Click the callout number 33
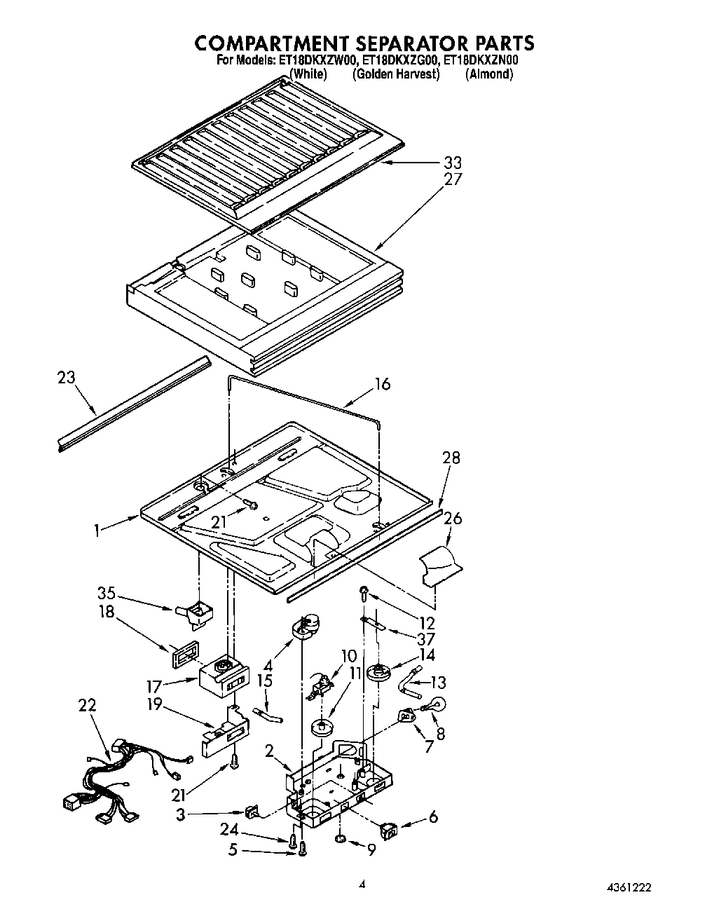[452, 163]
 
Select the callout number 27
[453, 179]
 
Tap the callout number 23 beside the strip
[66, 378]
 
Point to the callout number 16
[382, 384]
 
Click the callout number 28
[451, 458]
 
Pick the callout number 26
[453, 519]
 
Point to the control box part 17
[223, 676]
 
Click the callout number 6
[434, 817]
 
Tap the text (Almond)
[489, 74]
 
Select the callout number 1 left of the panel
[98, 531]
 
